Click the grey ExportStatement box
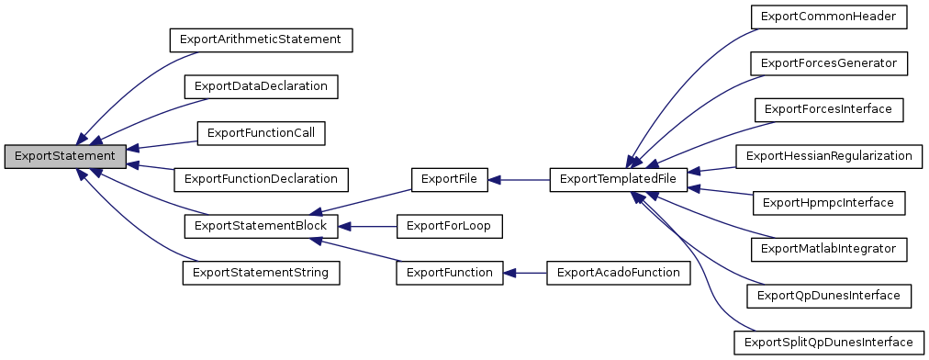click(x=64, y=156)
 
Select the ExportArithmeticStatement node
click(x=261, y=40)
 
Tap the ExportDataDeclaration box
click(x=261, y=86)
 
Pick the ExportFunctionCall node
click(x=261, y=133)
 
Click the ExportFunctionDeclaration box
click(x=261, y=179)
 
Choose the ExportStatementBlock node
click(x=261, y=225)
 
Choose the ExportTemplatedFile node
click(x=618, y=179)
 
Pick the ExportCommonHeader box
click(x=829, y=17)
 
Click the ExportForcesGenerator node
click(x=829, y=62)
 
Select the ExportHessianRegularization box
click(x=829, y=156)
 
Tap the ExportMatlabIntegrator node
click(x=829, y=249)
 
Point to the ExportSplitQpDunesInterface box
click(x=829, y=342)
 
